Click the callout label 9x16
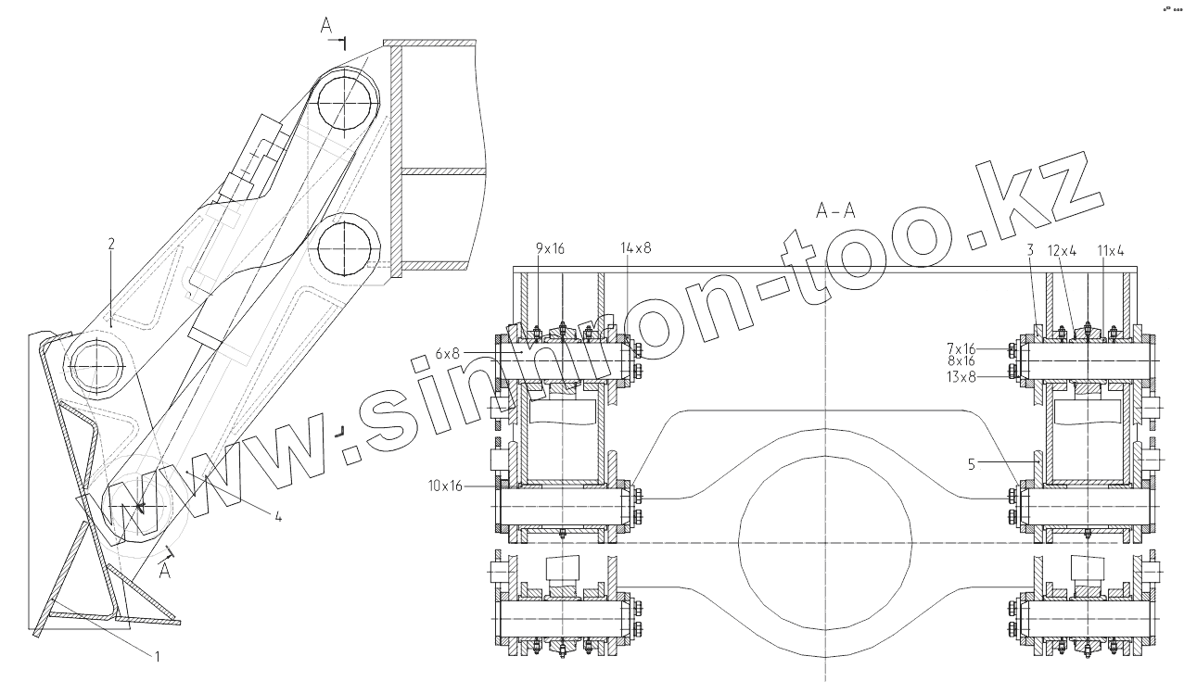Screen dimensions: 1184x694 [550, 247]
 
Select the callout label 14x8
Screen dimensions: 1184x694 [636, 247]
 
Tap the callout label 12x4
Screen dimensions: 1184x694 [1062, 251]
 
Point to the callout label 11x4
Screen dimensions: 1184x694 [1111, 251]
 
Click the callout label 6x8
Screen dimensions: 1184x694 [448, 353]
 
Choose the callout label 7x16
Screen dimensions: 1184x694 [961, 348]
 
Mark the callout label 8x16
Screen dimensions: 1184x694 [961, 361]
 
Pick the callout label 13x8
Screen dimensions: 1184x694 [961, 377]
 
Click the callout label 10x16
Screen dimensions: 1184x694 [445, 486]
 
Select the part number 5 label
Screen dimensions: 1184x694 [972, 464]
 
